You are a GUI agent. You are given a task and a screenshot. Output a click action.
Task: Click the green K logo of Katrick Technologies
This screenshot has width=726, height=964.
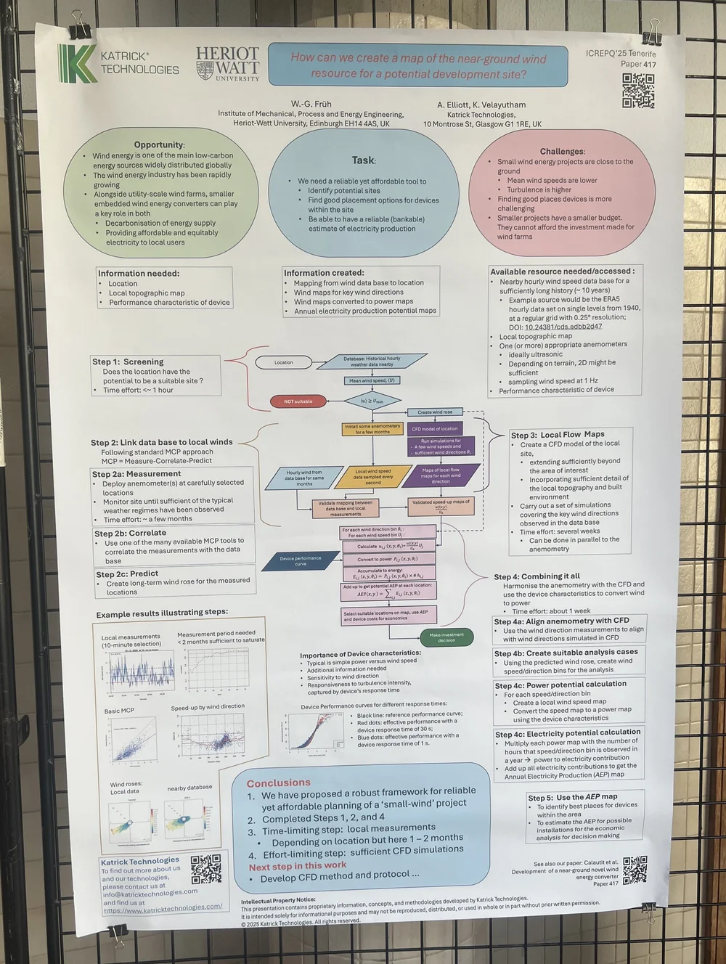77,63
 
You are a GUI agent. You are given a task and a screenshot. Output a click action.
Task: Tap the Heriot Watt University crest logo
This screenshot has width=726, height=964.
205,70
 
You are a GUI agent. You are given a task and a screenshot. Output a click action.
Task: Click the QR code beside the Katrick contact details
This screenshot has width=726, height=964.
206,869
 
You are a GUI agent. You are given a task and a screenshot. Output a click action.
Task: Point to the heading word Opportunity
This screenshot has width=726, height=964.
158,144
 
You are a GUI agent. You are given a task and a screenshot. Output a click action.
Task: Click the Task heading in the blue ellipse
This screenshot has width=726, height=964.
363,160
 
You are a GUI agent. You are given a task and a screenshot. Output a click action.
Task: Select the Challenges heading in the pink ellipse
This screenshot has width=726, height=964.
562,151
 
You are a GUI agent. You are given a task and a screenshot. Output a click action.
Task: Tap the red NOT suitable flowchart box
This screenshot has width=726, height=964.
298,401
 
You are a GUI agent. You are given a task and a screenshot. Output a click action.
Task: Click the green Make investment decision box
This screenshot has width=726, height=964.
446,637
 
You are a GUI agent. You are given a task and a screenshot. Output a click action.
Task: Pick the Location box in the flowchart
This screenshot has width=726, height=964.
283,362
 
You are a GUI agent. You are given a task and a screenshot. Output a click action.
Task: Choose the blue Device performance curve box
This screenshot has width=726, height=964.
301,560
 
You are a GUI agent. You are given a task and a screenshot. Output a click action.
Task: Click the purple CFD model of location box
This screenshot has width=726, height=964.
435,429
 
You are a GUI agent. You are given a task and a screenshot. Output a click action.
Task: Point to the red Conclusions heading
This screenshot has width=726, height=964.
278,783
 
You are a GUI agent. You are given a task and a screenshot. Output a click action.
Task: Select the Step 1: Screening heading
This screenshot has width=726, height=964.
128,361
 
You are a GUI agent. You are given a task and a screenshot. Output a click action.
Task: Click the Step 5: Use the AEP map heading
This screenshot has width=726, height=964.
573,797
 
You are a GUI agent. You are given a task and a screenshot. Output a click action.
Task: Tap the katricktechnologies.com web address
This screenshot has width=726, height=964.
163,907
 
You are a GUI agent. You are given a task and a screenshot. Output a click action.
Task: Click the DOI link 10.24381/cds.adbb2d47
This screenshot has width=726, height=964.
564,327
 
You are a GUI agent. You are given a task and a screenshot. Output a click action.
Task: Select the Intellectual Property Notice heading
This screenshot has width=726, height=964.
278,901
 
